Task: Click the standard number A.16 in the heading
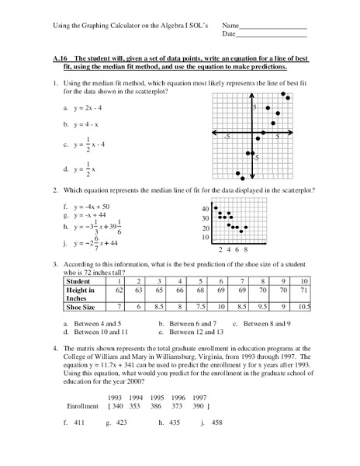[73, 59]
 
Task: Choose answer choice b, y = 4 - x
[85, 124]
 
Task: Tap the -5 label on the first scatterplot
[227, 136]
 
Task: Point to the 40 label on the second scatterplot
[206, 209]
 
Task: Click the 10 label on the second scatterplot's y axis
[206, 238]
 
